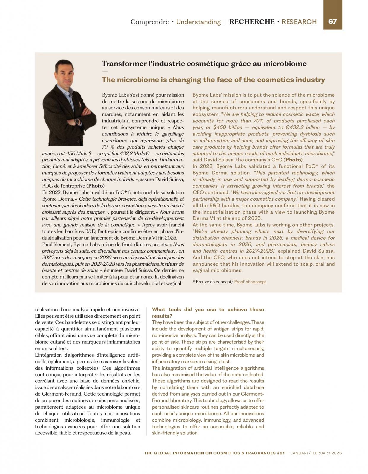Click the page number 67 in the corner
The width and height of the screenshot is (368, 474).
tap(332, 22)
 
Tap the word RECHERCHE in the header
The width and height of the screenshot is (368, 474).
tap(252, 22)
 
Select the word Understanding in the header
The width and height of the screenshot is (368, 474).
tap(198, 22)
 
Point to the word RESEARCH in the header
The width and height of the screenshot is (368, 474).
tap(299, 22)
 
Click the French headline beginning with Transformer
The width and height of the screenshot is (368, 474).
tap(204, 64)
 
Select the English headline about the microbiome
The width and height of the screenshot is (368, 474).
tap(213, 80)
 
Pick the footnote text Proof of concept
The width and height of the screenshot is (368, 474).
tap(250, 282)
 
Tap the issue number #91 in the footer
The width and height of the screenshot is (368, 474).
tap(281, 453)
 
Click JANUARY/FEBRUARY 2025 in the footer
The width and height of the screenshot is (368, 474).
tap(317, 453)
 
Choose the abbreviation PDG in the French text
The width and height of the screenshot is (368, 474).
tap(47, 186)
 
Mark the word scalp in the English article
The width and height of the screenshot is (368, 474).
tap(292, 264)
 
